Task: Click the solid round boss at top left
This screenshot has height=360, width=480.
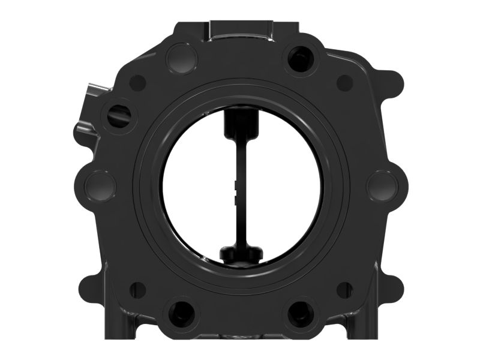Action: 181,58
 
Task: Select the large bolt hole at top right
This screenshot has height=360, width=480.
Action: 299,58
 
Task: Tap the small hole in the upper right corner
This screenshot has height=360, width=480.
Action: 344,83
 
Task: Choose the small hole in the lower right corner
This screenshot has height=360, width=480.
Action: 344,289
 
